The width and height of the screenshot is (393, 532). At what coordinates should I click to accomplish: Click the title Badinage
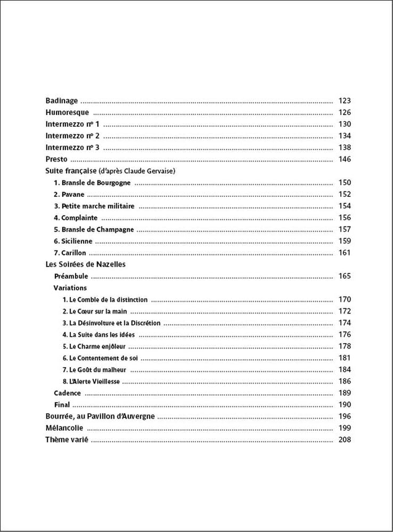61,101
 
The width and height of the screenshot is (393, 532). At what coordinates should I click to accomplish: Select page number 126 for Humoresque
344,112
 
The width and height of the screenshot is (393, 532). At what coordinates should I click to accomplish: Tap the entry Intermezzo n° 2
73,136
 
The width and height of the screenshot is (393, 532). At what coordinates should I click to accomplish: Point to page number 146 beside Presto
344,160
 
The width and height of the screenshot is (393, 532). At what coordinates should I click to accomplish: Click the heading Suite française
71,171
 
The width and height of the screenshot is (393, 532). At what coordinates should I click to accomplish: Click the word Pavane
71,194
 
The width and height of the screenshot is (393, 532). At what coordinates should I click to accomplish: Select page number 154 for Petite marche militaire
344,206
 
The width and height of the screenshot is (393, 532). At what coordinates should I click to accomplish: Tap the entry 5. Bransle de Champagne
93,229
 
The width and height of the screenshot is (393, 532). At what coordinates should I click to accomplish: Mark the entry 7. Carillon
70,253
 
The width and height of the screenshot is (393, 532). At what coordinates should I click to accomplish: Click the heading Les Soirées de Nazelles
85,265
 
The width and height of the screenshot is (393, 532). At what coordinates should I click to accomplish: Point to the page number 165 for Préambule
344,276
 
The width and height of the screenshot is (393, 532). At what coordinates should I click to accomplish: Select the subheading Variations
70,288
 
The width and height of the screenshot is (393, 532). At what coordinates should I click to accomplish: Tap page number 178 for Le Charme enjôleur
344,346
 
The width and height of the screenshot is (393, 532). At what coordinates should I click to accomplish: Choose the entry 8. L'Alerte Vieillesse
91,381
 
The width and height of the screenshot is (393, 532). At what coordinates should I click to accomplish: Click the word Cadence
67,393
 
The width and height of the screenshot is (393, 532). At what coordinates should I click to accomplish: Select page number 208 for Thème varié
344,440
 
